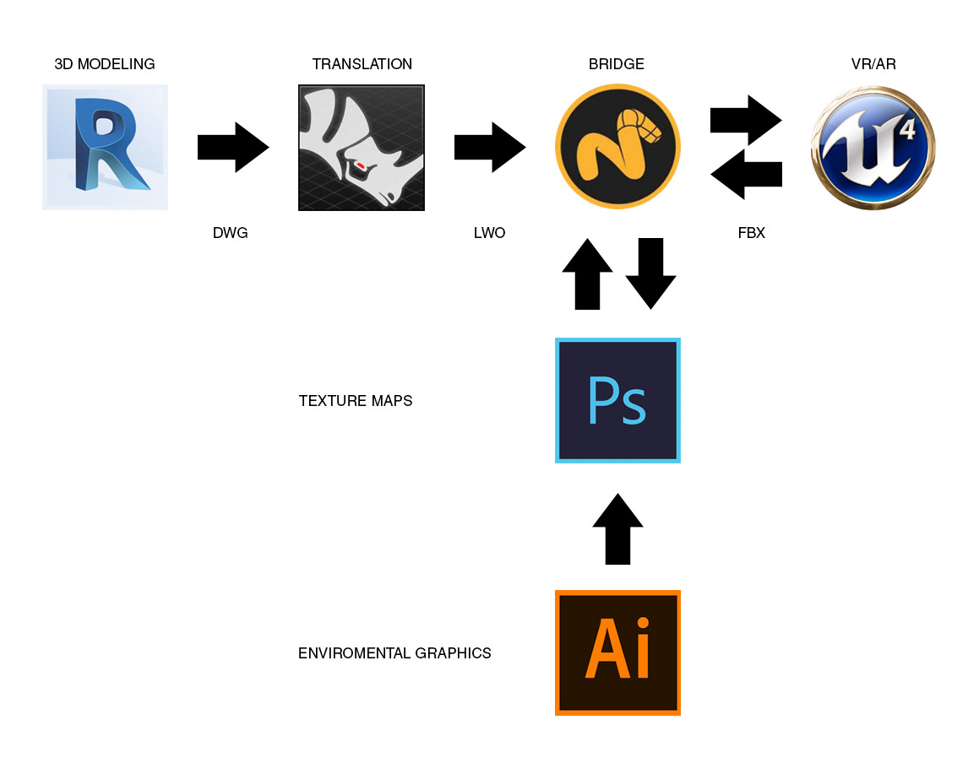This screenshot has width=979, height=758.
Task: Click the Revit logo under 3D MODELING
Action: point(105,147)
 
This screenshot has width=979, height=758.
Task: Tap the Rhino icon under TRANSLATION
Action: point(362,148)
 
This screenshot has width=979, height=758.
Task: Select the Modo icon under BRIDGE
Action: point(617,148)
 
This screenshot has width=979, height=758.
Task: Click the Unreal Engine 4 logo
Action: point(873,148)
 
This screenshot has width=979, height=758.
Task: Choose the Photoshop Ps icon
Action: point(617,400)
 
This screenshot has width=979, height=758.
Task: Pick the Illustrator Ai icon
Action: point(617,652)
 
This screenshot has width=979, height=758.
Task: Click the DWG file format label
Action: point(231,233)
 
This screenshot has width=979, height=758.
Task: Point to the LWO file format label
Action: point(490,233)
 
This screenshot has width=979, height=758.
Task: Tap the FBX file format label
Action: point(751,233)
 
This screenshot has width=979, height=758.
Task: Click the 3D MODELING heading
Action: point(105,64)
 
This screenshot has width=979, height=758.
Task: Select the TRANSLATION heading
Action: point(362,64)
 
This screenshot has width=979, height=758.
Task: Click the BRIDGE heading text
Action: point(617,64)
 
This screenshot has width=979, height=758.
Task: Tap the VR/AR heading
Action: point(873,64)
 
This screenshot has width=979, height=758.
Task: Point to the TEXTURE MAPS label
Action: point(356,401)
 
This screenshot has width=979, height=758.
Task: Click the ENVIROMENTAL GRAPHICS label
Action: point(394,653)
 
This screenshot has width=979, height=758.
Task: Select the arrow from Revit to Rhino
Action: point(233,148)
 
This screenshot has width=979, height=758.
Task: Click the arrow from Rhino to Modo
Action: point(490,148)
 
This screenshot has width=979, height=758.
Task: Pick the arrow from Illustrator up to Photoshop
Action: point(617,529)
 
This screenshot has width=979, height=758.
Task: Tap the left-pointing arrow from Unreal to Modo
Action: point(746,175)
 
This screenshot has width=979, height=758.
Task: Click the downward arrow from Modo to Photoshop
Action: point(650,273)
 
